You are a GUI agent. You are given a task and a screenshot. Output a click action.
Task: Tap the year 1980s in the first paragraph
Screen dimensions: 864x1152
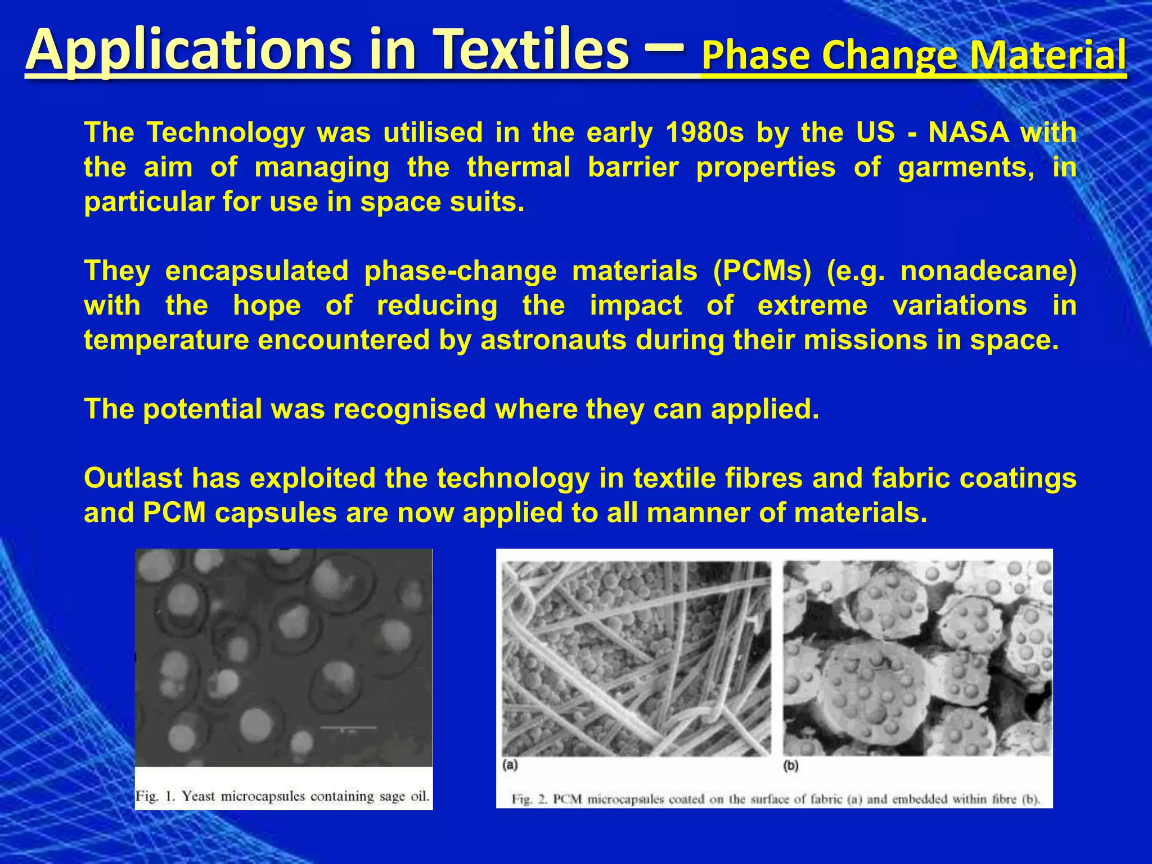coord(704,133)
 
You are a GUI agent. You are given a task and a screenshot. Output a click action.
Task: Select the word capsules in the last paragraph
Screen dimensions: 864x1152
coord(276,514)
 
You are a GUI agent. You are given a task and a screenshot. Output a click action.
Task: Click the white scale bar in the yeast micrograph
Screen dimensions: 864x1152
coord(348,728)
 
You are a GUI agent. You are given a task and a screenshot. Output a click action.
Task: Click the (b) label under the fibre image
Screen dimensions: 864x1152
coord(791,766)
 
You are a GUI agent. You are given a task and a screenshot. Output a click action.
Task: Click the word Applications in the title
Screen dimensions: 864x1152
coord(180,52)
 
